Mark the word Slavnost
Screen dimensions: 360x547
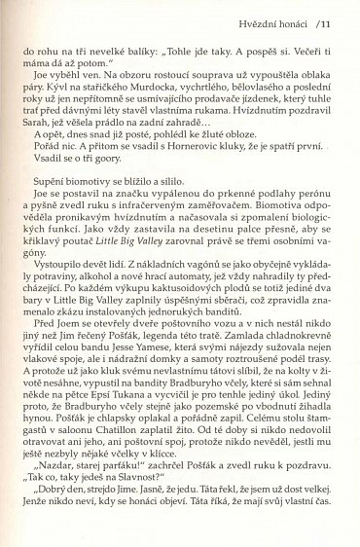(x=153, y=534)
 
